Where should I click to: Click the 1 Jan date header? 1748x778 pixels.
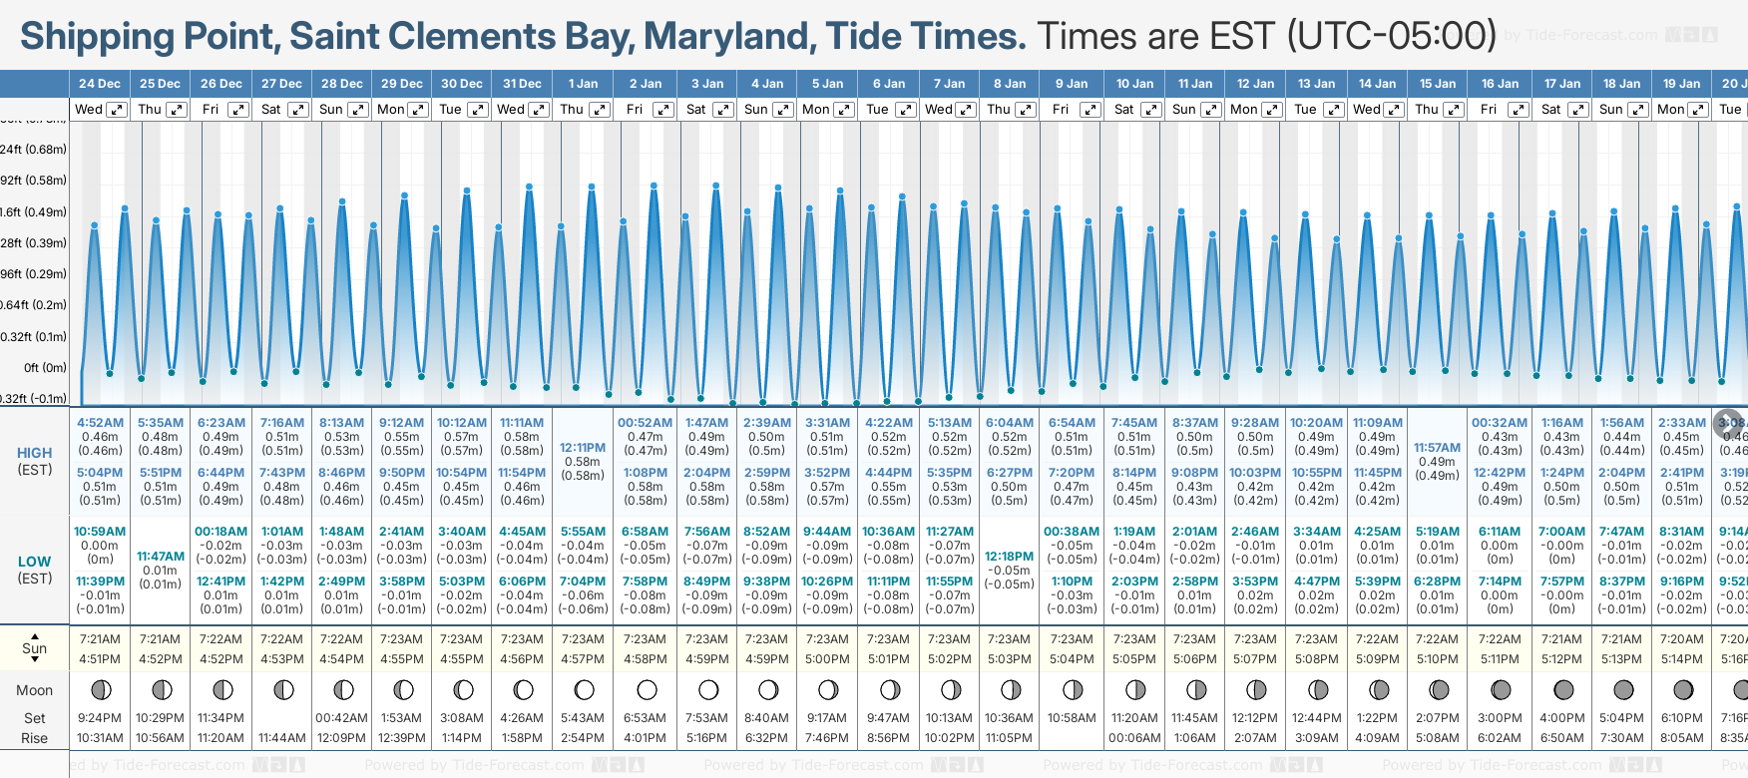[x=583, y=84]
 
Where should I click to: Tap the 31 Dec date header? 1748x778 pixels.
[x=522, y=84]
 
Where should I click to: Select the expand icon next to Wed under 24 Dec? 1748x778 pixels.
[x=117, y=110]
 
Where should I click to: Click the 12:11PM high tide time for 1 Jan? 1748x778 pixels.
[x=583, y=448]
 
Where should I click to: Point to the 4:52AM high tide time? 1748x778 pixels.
[x=100, y=423]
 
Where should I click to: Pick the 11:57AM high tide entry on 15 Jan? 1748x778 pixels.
[x=1437, y=448]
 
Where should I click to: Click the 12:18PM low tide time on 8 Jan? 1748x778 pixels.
[x=1009, y=557]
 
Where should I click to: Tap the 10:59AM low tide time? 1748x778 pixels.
[x=100, y=532]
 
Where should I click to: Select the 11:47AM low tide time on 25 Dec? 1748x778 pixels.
[x=161, y=557]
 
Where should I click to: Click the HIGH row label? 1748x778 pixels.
[x=35, y=453]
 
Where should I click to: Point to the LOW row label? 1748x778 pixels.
[x=35, y=562]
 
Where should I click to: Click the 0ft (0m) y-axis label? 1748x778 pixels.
[x=46, y=367]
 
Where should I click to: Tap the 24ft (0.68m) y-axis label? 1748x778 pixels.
[x=33, y=150]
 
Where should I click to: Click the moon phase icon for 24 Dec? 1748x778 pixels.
[x=100, y=689]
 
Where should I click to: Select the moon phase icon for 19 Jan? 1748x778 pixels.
[x=1683, y=689]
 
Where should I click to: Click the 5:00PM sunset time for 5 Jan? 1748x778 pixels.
[x=827, y=659]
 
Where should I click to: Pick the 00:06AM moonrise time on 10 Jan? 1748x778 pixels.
[x=1134, y=738]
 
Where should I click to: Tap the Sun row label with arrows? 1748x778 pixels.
[x=35, y=647]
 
